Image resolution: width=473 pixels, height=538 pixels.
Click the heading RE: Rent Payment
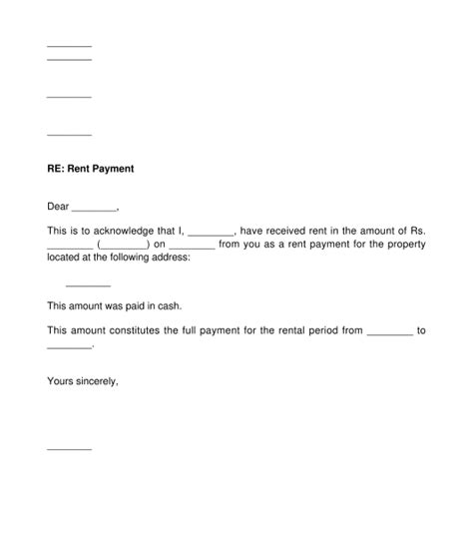point(90,170)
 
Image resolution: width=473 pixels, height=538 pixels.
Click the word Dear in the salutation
point(58,208)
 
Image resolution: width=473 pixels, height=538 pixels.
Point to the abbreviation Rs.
point(419,231)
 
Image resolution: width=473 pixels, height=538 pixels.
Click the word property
point(404,244)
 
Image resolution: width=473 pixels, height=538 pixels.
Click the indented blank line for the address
point(88,284)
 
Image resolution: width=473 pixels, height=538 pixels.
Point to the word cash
point(172,306)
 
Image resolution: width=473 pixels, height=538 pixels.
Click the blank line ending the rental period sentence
point(69,346)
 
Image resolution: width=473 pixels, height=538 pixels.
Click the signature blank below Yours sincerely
point(69,448)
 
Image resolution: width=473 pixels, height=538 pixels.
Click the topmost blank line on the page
point(69,46)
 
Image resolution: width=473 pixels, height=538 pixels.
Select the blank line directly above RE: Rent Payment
point(69,134)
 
